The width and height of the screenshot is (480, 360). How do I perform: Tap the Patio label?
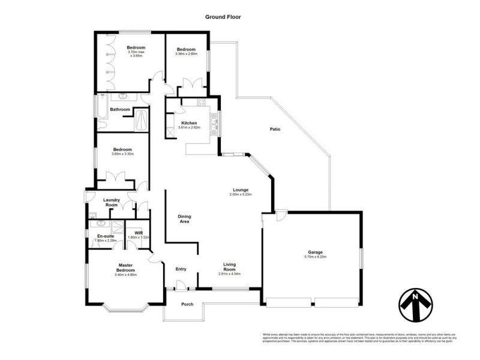point(275,130)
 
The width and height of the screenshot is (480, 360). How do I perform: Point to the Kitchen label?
point(189,123)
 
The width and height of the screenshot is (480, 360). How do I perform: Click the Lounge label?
point(241,190)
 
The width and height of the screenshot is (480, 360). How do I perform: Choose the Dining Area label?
point(184,218)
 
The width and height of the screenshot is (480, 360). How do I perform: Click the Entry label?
point(181,269)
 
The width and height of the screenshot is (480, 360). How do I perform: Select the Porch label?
point(187,304)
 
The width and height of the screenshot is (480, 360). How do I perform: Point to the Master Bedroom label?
point(125,268)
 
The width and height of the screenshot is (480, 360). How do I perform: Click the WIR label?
point(138,232)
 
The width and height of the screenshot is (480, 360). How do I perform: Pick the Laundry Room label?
point(112,203)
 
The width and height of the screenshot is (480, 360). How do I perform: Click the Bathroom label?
point(120,109)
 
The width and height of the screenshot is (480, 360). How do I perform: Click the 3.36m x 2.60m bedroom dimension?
point(186,54)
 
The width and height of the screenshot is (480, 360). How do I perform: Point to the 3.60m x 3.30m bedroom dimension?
point(122,154)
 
